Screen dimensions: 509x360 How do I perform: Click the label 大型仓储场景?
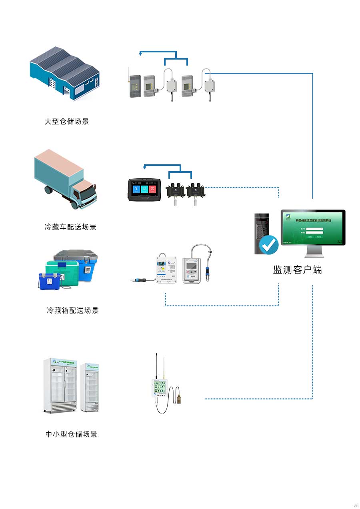(67, 122)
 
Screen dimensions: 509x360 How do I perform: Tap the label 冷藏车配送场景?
(71, 227)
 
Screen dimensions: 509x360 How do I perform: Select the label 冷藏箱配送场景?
(73, 310)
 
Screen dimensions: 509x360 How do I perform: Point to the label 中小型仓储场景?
(72, 434)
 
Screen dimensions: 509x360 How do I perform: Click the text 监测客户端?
(298, 270)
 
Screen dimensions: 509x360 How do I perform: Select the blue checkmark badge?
(268, 244)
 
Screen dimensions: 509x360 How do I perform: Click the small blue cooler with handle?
(49, 281)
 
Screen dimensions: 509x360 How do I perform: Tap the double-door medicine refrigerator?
(60, 385)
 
